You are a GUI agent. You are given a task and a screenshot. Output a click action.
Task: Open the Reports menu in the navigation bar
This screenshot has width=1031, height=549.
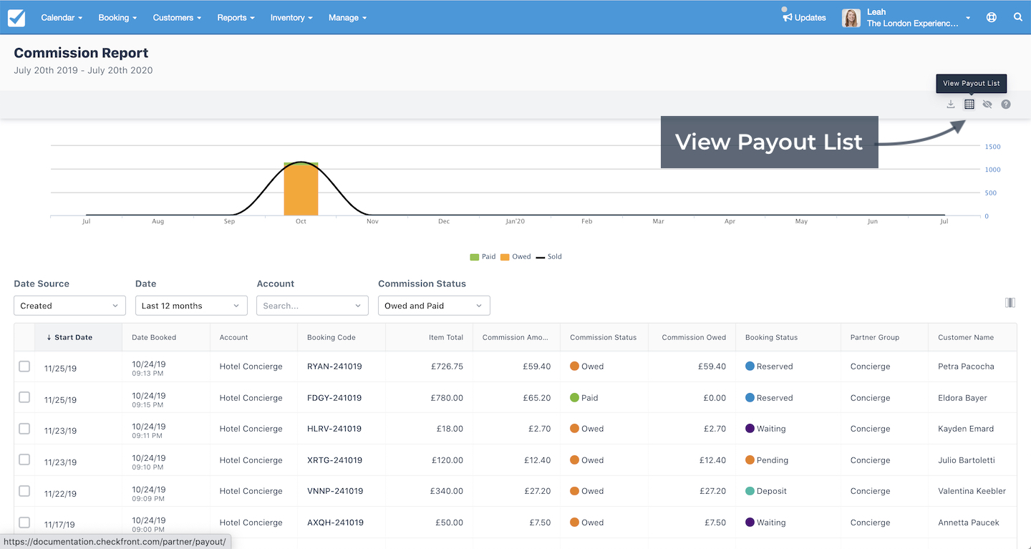[x=236, y=17]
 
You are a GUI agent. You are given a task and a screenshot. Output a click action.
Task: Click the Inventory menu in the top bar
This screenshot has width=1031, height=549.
[x=291, y=17]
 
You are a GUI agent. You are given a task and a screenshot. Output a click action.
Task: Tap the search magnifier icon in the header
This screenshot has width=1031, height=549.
[x=1017, y=17]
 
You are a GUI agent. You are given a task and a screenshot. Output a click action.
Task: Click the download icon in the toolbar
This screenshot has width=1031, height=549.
[x=951, y=104]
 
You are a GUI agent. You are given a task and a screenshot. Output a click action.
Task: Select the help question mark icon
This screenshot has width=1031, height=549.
[x=1006, y=104]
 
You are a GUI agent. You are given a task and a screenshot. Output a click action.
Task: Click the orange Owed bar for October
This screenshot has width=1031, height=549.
[x=301, y=190]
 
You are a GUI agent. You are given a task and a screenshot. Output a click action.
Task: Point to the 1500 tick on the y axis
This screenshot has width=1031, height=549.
[x=992, y=146]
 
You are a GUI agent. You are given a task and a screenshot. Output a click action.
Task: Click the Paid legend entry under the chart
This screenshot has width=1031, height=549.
[x=483, y=256]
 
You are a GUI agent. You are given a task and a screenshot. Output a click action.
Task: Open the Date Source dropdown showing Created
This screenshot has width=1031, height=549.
[x=69, y=306]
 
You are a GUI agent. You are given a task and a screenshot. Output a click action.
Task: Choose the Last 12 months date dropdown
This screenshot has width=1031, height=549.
[x=191, y=306]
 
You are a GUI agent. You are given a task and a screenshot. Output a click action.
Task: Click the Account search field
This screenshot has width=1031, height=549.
[x=312, y=306]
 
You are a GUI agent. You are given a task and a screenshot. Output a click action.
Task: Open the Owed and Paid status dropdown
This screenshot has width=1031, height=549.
[x=434, y=306]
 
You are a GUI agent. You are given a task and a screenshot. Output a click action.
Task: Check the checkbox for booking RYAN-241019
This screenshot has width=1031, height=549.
[x=24, y=366]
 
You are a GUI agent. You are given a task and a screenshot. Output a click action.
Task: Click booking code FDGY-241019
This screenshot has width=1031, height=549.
[x=334, y=397]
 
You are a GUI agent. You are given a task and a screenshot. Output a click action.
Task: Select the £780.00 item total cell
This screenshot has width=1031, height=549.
[x=447, y=397]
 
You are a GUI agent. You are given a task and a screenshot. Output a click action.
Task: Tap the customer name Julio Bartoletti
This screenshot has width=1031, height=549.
[x=966, y=460]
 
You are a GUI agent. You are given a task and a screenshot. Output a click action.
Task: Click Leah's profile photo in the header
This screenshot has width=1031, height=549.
[x=851, y=18]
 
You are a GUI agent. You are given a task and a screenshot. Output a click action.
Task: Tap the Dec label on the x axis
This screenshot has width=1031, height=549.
[x=444, y=221]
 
